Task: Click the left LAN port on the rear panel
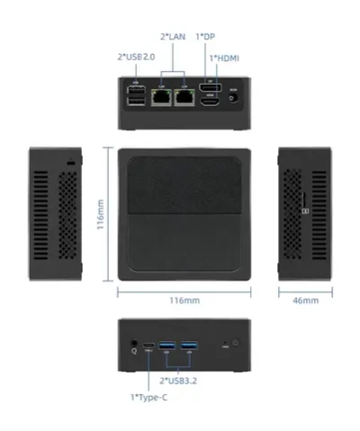[x=162, y=95]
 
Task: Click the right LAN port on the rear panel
[x=185, y=95]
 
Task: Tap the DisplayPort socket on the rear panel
[x=211, y=89]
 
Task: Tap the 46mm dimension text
[x=307, y=301]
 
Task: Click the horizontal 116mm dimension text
[x=184, y=301]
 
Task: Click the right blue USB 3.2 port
[x=189, y=346]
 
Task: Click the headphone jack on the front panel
[x=134, y=343]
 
